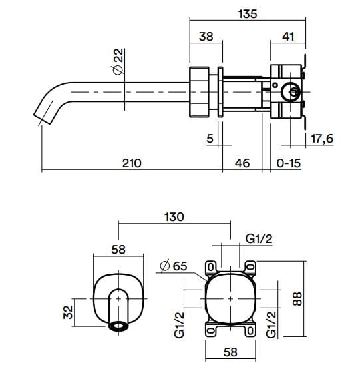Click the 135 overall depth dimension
point(247,13)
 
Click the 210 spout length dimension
point(132,163)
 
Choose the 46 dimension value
point(242,163)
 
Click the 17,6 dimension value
point(322,139)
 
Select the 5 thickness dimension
point(210,139)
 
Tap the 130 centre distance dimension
point(174,217)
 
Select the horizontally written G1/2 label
point(257,238)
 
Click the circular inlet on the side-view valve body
point(289,91)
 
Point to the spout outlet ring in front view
point(120,327)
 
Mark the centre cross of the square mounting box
point(230,299)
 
